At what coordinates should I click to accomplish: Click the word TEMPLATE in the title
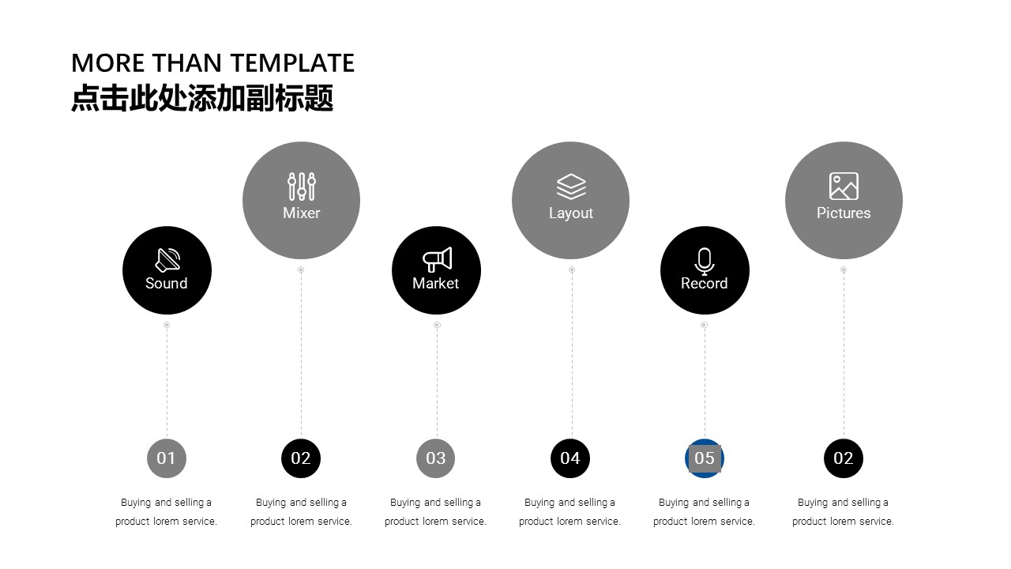click(292, 62)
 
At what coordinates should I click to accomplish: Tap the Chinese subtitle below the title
click(202, 97)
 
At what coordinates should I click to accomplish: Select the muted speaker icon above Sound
click(167, 260)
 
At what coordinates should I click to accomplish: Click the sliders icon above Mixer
click(302, 186)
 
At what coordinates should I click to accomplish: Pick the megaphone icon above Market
click(437, 259)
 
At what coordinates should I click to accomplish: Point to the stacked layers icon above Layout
click(571, 187)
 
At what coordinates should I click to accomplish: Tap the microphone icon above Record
click(704, 261)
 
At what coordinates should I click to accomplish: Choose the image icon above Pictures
click(844, 186)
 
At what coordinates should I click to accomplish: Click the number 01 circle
click(167, 458)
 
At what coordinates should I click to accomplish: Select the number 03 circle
click(435, 458)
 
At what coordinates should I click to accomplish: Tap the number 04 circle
click(570, 458)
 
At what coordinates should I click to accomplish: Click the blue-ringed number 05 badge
click(705, 458)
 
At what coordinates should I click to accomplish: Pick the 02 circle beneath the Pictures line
click(844, 458)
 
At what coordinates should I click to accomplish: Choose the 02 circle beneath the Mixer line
click(301, 458)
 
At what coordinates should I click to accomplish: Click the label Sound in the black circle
click(166, 283)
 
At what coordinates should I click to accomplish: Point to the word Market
click(435, 283)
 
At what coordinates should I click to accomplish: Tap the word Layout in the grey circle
click(571, 213)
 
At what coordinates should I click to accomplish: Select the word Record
click(704, 283)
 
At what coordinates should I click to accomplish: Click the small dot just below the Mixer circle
click(301, 269)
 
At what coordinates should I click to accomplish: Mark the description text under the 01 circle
click(166, 511)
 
